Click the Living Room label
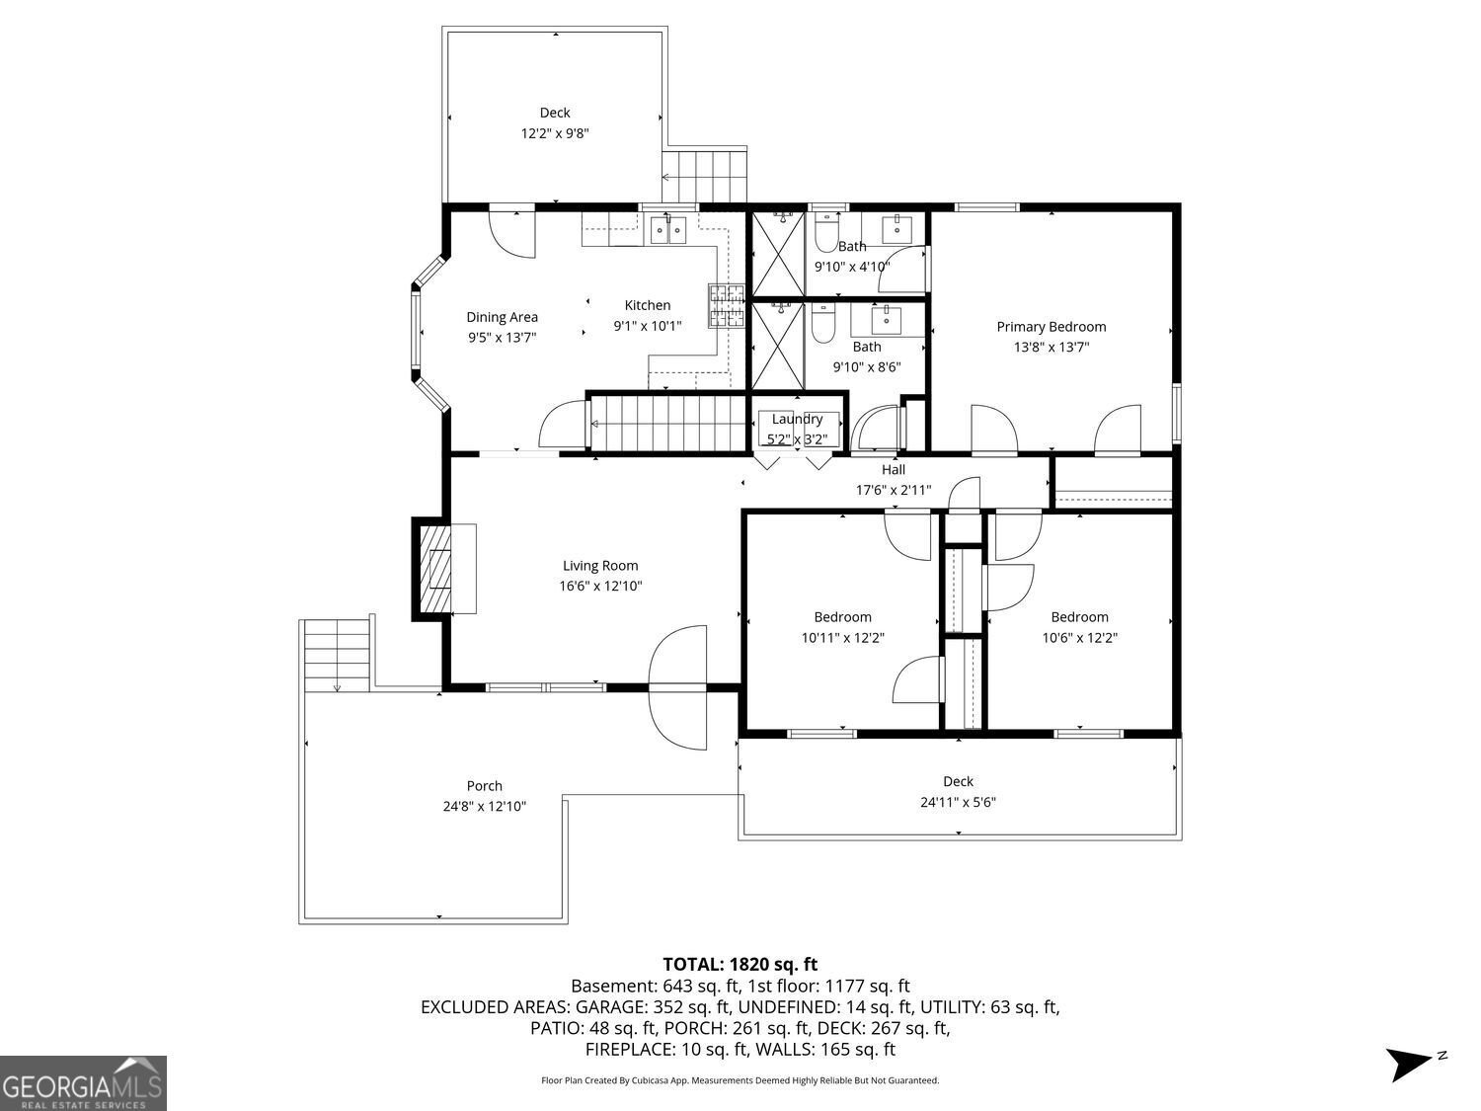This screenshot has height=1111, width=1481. click(600, 566)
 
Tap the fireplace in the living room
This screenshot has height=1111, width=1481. click(435, 569)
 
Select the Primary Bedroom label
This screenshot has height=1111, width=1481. click(1051, 327)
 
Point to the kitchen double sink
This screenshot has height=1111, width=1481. click(668, 229)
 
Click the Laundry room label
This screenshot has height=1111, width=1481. click(797, 419)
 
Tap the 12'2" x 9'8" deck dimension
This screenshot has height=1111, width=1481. click(555, 133)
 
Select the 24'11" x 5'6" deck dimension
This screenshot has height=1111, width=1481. click(958, 803)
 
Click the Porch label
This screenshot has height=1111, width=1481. click(484, 786)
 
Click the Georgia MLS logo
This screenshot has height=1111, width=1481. click(83, 1082)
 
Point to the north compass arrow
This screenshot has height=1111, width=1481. click(1409, 1064)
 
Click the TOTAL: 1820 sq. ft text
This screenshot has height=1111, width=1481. click(740, 964)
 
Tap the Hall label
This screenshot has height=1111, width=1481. click(893, 470)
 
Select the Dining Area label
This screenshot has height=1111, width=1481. click(502, 317)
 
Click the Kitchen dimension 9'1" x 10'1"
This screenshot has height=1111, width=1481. click(647, 326)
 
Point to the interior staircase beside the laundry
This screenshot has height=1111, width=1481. click(666, 423)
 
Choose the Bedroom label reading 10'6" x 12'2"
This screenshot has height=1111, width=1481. click(1079, 617)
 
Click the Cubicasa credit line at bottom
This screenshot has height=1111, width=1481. click(740, 1080)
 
